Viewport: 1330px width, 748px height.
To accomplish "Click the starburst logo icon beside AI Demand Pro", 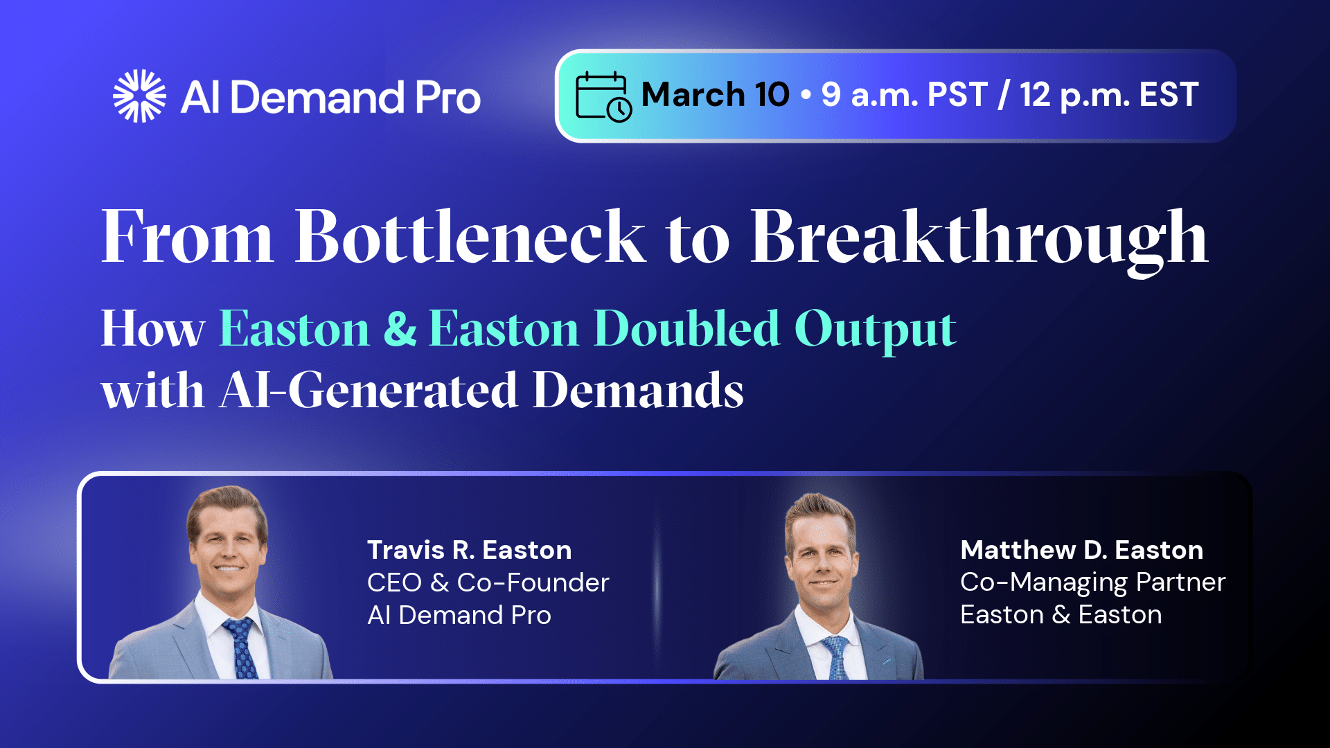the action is (139, 96).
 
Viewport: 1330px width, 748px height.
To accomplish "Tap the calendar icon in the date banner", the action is (603, 96).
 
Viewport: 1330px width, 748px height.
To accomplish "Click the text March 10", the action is (715, 95).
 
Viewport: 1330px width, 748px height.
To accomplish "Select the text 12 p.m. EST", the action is (1109, 96).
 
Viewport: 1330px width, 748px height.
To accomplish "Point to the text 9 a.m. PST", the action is (904, 96).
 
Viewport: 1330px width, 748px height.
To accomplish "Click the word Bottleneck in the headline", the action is (470, 236).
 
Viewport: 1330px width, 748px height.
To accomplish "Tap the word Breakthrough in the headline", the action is (979, 241).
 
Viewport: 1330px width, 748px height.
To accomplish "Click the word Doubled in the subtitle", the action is (687, 328).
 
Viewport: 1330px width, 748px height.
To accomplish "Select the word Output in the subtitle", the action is (876, 331).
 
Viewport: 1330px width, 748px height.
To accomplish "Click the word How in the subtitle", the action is (153, 328).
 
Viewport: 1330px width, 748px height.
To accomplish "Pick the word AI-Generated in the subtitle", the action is (369, 390).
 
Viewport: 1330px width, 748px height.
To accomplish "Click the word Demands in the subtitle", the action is (638, 390).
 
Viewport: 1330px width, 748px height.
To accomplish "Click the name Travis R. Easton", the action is (470, 550).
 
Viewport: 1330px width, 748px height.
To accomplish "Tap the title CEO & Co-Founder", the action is (488, 582).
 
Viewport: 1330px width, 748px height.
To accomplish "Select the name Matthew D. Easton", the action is (1082, 550).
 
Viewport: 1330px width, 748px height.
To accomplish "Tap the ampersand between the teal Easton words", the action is (400, 328).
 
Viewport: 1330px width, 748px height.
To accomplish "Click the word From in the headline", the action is (188, 236).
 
